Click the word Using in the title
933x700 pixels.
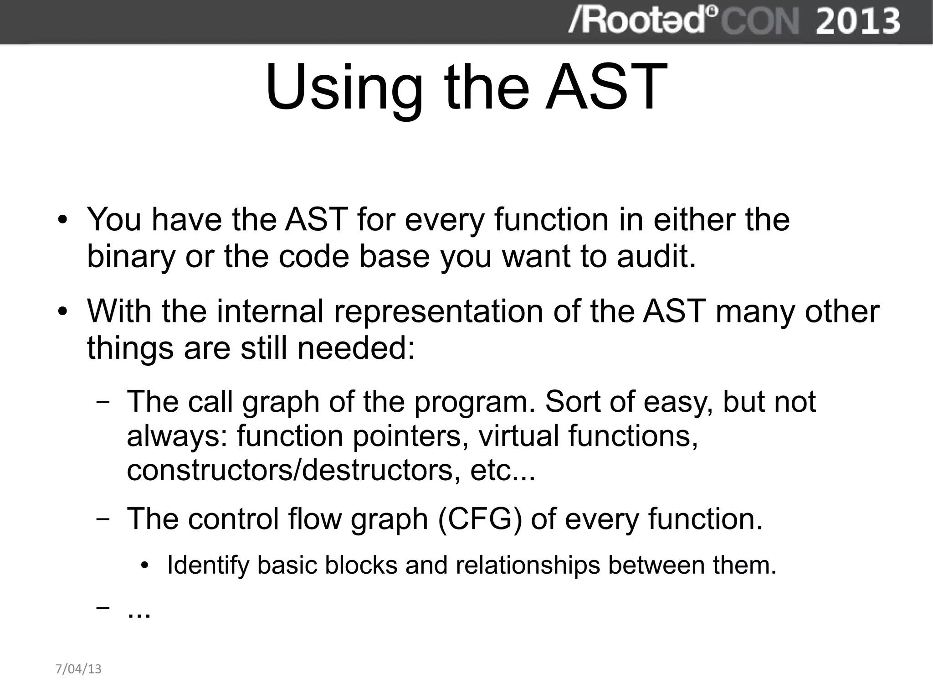(x=344, y=88)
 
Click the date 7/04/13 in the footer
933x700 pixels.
(x=78, y=669)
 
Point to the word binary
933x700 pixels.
(x=131, y=256)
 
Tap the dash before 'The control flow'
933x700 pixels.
(x=103, y=520)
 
